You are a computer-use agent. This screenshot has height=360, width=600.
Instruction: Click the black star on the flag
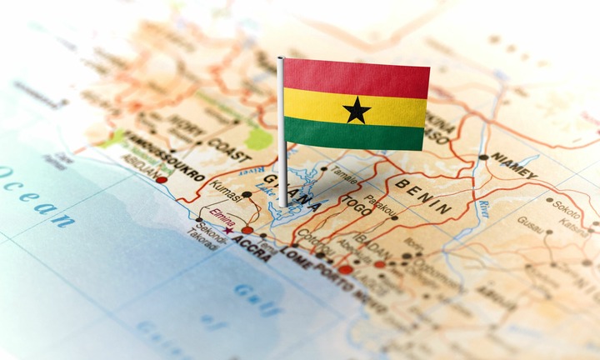(357, 109)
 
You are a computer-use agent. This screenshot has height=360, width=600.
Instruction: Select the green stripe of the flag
(357, 137)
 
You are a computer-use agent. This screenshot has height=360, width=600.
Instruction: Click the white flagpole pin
(282, 133)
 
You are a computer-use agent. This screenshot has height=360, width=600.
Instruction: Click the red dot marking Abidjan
(162, 179)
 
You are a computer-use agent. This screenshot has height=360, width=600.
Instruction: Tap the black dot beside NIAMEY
(483, 157)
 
